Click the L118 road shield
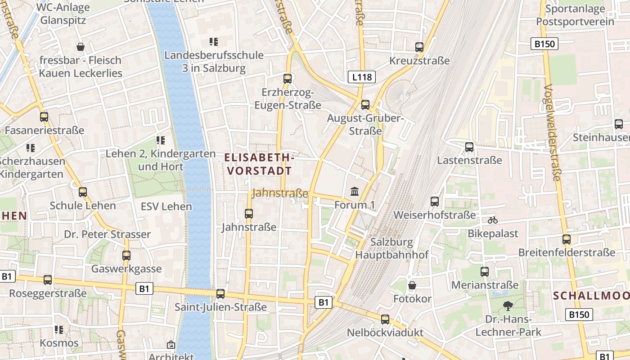coord(362,77)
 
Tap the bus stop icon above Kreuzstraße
coord(419,47)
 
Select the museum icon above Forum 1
coord(355,192)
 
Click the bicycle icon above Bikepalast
coord(493,220)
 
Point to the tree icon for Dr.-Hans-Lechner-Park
coord(508,306)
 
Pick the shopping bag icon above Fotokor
coord(412,285)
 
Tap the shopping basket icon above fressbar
coord(81,46)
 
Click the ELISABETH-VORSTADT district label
coord(260,164)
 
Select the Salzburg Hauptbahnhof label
coord(392,248)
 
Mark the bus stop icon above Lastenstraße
coord(469,147)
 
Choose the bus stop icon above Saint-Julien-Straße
coord(220,293)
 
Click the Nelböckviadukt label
coord(385,333)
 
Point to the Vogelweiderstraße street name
coord(553,133)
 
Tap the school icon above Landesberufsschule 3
coord(214,42)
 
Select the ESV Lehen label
coord(166,207)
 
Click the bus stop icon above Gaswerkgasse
coord(126,255)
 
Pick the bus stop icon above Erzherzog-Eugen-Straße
coord(288,78)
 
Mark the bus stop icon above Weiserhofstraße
coord(435,201)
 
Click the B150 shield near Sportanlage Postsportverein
coord(544,44)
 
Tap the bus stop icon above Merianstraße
coord(485,271)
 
